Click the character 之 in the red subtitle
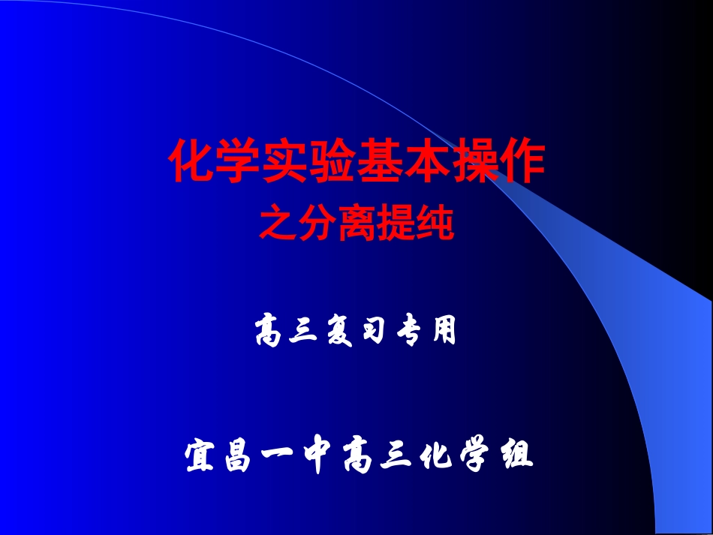pyautogui.click(x=278, y=224)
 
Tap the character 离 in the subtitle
pyautogui.click(x=356, y=224)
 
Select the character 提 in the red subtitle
pyautogui.click(x=396, y=224)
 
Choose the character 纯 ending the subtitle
pyautogui.click(x=435, y=224)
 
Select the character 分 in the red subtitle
pyautogui.click(x=317, y=224)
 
